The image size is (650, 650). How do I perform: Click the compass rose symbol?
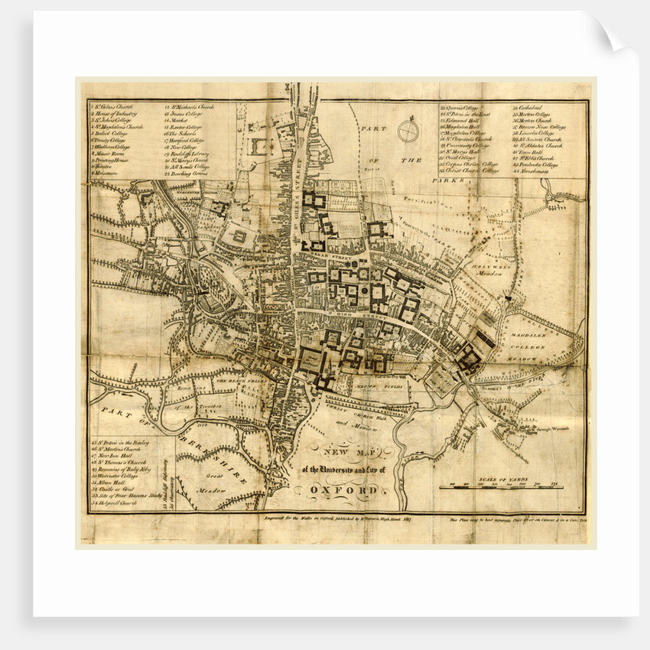click(408, 131)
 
